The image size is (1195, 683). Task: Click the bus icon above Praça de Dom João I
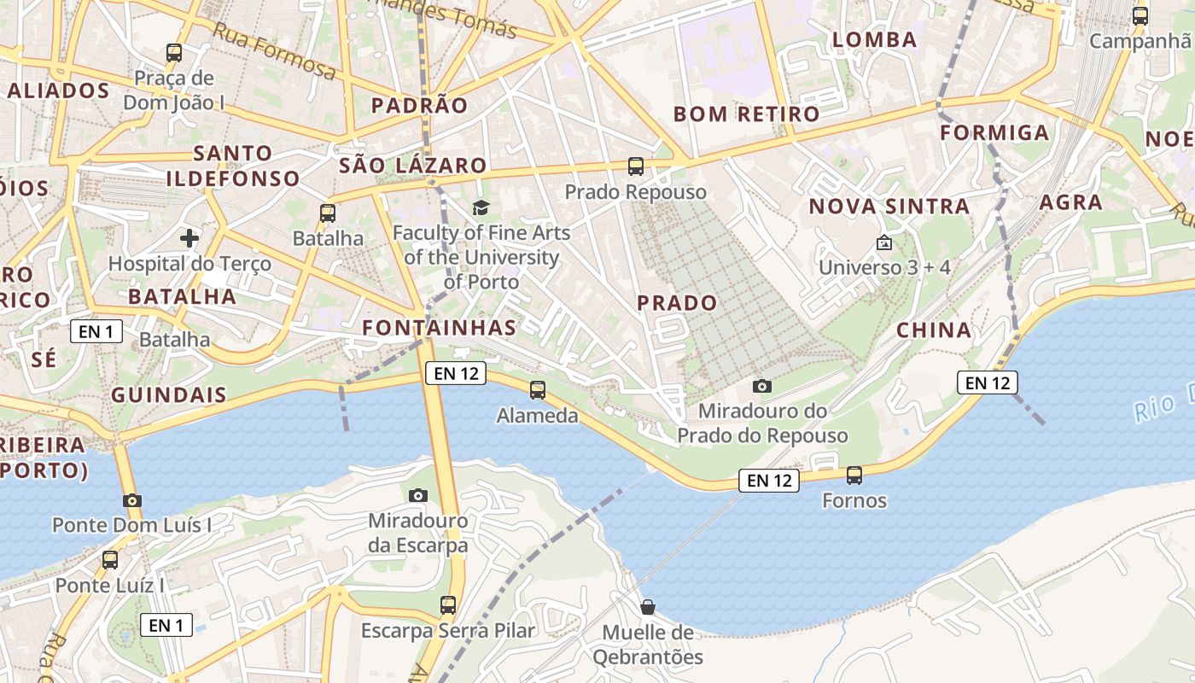click(x=174, y=53)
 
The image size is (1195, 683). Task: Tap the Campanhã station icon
click(x=1140, y=15)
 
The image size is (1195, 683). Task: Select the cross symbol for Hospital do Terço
click(x=189, y=237)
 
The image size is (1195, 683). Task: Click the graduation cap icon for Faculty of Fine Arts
click(x=481, y=207)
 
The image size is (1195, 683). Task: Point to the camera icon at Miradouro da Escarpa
click(x=417, y=495)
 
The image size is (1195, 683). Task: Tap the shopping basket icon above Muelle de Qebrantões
click(x=648, y=607)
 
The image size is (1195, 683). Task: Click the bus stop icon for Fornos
click(x=854, y=476)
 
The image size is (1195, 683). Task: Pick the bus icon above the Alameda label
click(x=537, y=390)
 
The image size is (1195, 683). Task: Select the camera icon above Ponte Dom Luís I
click(x=131, y=501)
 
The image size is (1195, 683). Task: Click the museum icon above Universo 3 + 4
click(x=884, y=243)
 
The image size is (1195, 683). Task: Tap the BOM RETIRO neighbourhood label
click(x=746, y=114)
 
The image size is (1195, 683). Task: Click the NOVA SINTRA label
click(x=889, y=207)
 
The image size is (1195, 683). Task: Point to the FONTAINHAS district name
click(x=439, y=328)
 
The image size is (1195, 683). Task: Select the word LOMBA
click(x=874, y=40)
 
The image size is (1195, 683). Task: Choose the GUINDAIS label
click(x=169, y=395)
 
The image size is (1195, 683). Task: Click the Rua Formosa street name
click(x=274, y=51)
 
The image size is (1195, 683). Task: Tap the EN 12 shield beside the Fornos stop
click(x=770, y=481)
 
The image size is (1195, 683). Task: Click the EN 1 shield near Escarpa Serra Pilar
click(x=166, y=625)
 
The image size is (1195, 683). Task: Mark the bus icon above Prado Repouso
click(x=635, y=166)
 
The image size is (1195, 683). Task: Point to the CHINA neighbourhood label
click(x=934, y=330)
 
